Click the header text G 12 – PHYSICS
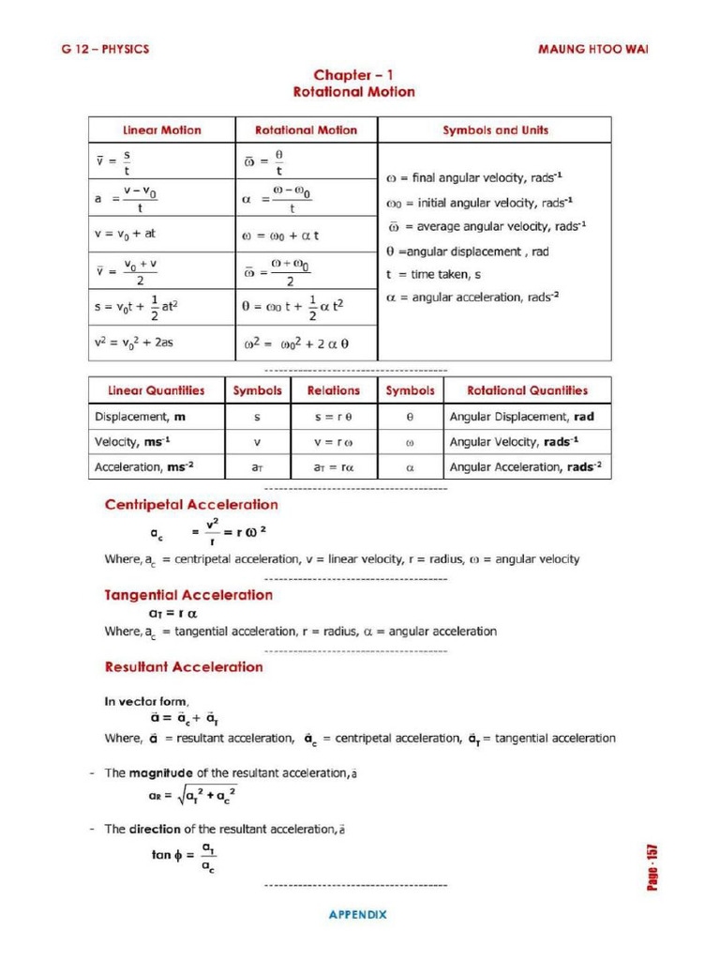tap(105, 49)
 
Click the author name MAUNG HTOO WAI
tap(592, 49)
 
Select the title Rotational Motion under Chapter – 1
tap(353, 92)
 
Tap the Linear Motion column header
tap(161, 130)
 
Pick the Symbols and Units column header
tap(495, 130)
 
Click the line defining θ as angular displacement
tap(467, 252)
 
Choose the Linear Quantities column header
tap(156, 390)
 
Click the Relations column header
tap(333, 390)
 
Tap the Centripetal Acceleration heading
tap(191, 505)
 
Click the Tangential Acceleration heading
tap(188, 595)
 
